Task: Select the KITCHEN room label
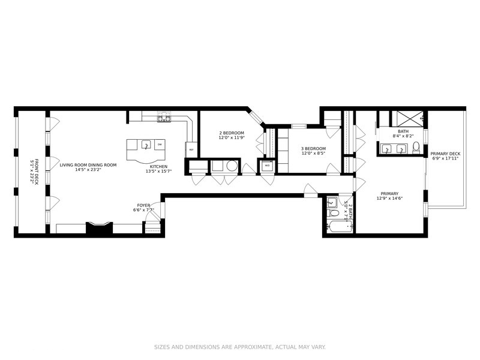coord(158,166)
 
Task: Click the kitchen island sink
coord(145,145)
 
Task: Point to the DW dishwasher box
coord(160,145)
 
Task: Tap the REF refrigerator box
coord(191,149)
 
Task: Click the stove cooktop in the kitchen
coord(164,117)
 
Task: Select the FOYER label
coord(143,205)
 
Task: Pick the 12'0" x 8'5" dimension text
coord(313,154)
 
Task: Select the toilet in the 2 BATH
coord(332,203)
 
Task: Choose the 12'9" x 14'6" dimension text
coord(388,199)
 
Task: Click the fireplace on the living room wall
coord(99,227)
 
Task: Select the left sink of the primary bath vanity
coord(386,149)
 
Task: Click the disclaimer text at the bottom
coord(239,347)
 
